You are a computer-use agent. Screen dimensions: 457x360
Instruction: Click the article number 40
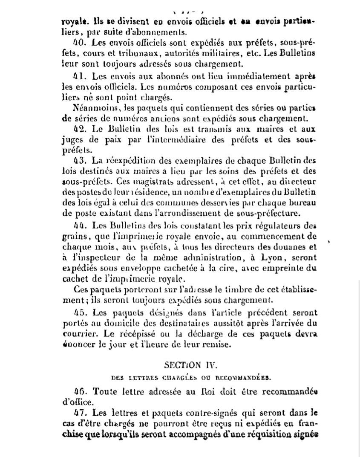click(79, 43)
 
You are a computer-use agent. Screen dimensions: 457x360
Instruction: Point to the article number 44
click(79, 225)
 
